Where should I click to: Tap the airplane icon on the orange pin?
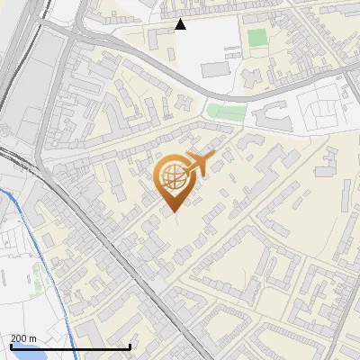[x=199, y=164]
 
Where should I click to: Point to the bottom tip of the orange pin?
[x=172, y=212]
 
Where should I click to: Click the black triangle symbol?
[x=181, y=24]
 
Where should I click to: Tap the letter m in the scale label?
[x=33, y=339]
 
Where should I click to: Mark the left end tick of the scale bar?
[x=11, y=346]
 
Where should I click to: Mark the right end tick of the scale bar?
[x=130, y=346]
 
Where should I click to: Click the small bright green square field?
[x=257, y=39]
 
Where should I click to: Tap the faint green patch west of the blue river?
[x=11, y=238]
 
